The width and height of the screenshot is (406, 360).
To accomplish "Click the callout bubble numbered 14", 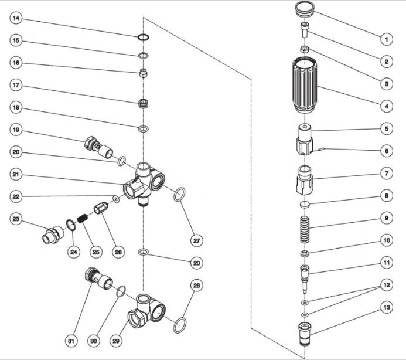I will (x=16, y=19).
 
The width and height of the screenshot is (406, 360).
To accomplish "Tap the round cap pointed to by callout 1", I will (x=303, y=10).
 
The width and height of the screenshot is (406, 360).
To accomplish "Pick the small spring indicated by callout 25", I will (x=84, y=215).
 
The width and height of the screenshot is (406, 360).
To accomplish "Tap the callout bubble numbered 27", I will (x=197, y=240).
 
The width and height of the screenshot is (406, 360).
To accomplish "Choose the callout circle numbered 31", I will (x=70, y=340).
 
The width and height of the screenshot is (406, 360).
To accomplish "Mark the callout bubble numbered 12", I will (x=386, y=285).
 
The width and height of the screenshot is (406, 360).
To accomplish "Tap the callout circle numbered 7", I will (x=386, y=174).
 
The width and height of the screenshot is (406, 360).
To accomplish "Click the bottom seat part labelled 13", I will (x=304, y=334).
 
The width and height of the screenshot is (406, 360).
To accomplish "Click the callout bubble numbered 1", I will (x=386, y=39).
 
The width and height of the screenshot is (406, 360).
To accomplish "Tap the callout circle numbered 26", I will (x=118, y=252).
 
